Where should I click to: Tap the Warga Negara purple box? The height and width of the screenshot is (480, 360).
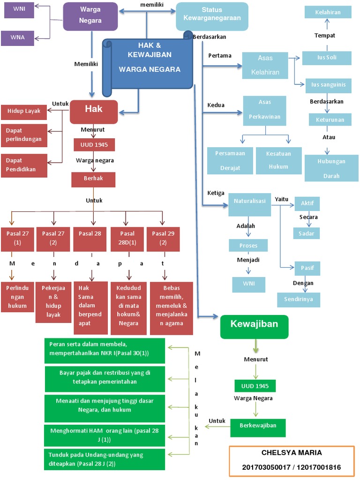pyautogui.click(x=90, y=16)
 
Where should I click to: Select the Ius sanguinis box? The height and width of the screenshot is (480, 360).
pyautogui.click(x=328, y=85)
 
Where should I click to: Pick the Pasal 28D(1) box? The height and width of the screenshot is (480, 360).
pyautogui.click(x=127, y=238)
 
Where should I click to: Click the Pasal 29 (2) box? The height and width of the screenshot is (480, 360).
pyautogui.click(x=163, y=238)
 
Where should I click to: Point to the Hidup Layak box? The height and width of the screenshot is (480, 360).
pyautogui.click(x=24, y=112)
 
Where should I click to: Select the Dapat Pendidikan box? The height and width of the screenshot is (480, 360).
pyautogui.click(x=24, y=165)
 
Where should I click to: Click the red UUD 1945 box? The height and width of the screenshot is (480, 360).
pyautogui.click(x=94, y=144)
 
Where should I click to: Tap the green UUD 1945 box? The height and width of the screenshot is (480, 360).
pyautogui.click(x=255, y=386)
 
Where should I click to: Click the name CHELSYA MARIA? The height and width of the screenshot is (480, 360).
pyautogui.click(x=291, y=453)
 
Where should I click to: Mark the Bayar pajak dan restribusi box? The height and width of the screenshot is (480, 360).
pyautogui.click(x=105, y=378)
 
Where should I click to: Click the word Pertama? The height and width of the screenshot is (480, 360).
pyautogui.click(x=219, y=56)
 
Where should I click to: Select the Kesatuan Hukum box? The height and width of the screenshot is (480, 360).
pyautogui.click(x=278, y=160)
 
